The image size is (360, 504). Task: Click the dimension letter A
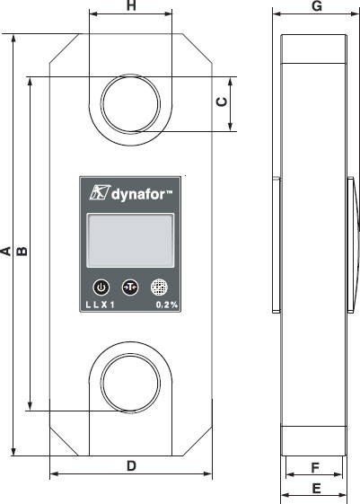5,251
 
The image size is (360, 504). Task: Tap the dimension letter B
22,251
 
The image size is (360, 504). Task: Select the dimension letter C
222,102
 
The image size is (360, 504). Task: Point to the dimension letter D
131,465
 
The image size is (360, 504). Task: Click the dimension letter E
316,489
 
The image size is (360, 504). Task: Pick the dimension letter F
315,468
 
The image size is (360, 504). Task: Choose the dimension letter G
317,5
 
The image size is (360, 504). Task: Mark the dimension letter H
131,5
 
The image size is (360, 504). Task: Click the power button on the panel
101,287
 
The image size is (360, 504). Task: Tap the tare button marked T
130,287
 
